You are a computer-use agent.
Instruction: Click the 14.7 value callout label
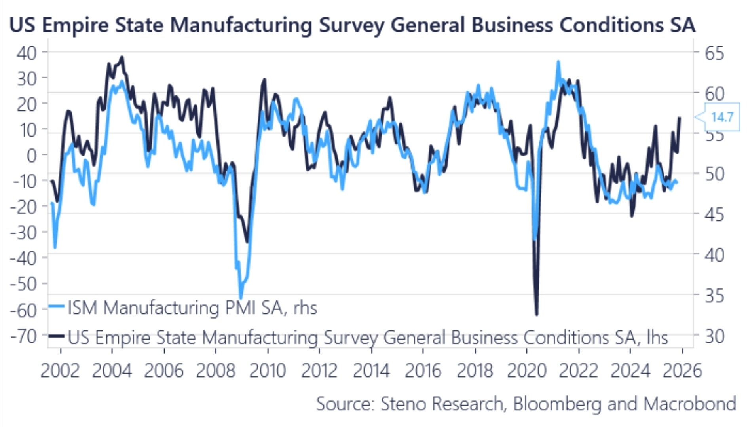tap(722, 117)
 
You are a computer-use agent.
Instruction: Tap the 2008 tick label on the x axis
tap(216, 371)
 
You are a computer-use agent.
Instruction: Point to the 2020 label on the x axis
tap(527, 371)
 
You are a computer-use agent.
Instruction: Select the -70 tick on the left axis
tap(23, 337)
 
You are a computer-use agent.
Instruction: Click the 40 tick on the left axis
tap(27, 53)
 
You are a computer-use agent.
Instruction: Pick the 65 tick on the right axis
tap(714, 53)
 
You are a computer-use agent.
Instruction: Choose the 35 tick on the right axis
tap(714, 296)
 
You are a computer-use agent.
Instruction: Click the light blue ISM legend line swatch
tap(56, 307)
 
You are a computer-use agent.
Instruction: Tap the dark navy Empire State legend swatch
tap(56, 336)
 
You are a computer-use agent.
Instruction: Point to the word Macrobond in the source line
tap(689, 404)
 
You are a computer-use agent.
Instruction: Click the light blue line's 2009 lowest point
tap(241, 297)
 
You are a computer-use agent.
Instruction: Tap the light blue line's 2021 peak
tap(558, 62)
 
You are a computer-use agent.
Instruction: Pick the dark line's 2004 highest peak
tap(122, 57)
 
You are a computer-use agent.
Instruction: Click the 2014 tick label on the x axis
tap(371, 371)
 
